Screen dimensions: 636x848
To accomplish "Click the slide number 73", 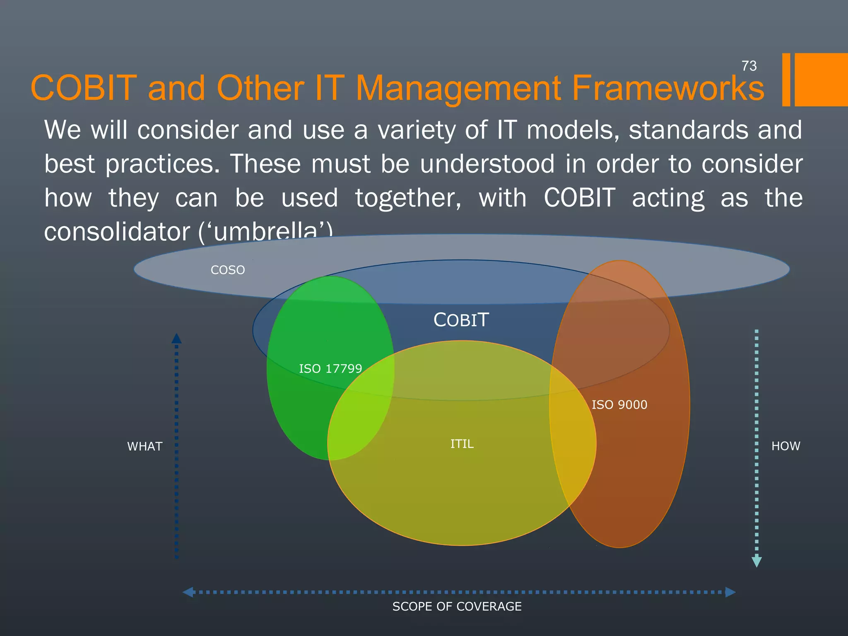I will point(749,66).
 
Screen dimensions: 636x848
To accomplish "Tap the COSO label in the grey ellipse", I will point(228,270).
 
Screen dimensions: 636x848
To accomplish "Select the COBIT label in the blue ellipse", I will point(461,320).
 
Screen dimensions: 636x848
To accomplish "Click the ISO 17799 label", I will point(330,369).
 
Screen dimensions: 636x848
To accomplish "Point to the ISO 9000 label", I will point(619,405).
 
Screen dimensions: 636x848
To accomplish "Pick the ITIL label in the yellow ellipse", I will point(462,444).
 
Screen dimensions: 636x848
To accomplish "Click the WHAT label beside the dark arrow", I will point(145,446).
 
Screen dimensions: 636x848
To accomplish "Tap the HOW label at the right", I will point(785,446).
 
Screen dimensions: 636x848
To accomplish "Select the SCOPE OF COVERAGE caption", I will point(457,607).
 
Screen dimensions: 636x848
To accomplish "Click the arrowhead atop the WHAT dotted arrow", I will point(176,338).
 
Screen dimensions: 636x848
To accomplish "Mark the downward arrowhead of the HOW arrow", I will point(756,562).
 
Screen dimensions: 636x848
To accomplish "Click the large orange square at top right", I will point(821,79).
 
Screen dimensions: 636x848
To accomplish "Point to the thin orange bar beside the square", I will point(786,79).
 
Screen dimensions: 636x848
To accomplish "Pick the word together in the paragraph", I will point(408,198).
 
